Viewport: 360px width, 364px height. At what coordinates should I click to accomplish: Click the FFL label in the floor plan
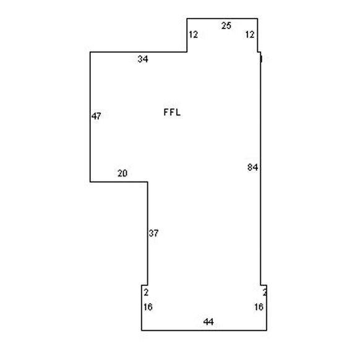(x=172, y=113)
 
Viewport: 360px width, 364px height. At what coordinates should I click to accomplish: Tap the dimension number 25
(x=226, y=25)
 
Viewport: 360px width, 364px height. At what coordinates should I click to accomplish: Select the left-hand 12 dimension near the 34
(x=193, y=35)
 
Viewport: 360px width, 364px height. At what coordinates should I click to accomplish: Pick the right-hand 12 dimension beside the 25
(x=250, y=35)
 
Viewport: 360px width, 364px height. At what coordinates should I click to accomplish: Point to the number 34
(x=143, y=59)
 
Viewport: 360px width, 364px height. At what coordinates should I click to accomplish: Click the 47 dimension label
(x=96, y=116)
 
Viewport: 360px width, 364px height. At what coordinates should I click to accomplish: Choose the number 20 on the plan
(x=122, y=173)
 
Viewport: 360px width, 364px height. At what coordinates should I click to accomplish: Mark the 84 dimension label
(x=253, y=167)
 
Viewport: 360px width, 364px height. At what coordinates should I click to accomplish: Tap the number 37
(x=153, y=233)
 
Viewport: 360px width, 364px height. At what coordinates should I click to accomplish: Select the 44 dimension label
(x=208, y=322)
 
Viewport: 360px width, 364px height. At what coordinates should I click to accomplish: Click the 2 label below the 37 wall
(x=146, y=292)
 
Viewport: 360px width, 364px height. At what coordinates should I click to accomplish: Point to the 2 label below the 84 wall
(x=265, y=292)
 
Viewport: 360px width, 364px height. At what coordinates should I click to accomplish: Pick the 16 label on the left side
(x=148, y=307)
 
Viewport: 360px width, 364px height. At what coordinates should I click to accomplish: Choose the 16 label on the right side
(x=259, y=307)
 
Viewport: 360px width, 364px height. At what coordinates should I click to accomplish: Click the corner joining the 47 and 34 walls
(x=90, y=52)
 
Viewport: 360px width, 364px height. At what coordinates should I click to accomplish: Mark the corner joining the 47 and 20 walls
(x=90, y=182)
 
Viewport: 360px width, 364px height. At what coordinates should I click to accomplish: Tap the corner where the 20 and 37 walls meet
(x=147, y=182)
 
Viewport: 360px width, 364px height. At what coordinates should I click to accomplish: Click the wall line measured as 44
(x=204, y=331)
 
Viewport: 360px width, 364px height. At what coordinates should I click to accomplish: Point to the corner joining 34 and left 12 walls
(x=187, y=52)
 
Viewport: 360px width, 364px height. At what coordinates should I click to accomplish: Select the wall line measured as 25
(x=222, y=19)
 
